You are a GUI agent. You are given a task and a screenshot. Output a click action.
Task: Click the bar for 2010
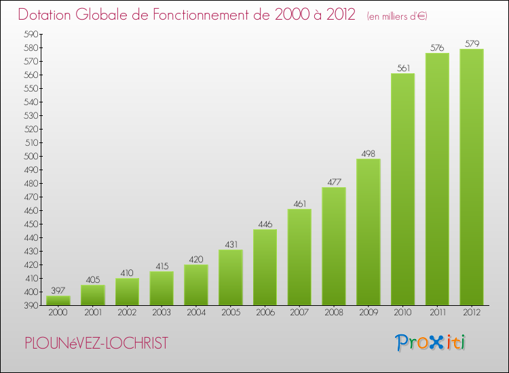click(402, 190)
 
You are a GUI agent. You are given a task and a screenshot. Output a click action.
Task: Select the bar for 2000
click(58, 300)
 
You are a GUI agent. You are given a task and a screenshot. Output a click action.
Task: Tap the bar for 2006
click(265, 268)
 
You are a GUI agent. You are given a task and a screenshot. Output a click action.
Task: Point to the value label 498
click(368, 153)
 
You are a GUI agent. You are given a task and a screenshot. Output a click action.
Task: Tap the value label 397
click(58, 290)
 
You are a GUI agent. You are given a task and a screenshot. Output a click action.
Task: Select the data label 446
click(265, 224)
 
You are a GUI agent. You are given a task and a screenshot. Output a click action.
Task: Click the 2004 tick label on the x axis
click(195, 312)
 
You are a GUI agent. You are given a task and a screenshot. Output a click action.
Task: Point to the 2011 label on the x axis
click(437, 312)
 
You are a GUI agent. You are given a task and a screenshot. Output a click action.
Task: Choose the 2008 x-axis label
click(333, 312)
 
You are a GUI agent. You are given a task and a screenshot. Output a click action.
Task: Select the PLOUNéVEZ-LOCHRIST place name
click(96, 343)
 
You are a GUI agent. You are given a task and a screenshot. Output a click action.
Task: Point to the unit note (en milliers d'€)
click(397, 16)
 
